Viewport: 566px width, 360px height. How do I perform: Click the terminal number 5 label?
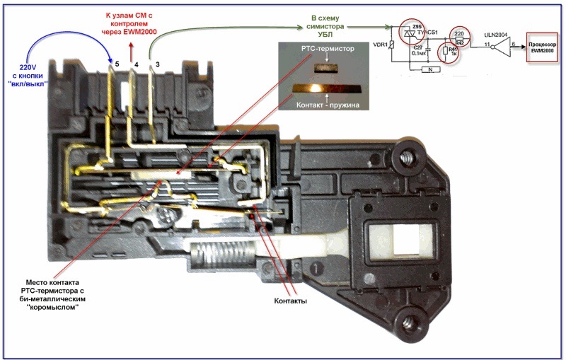(117, 64)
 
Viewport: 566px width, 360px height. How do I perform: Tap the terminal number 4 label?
(137, 65)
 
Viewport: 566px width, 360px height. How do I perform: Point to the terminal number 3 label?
(156, 65)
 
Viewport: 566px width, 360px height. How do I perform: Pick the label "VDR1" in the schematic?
(380, 45)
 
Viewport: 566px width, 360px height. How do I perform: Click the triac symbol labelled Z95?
(409, 33)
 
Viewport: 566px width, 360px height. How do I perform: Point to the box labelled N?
(427, 69)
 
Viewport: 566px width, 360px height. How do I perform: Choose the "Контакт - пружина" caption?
(325, 105)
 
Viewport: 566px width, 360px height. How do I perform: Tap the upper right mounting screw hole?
(409, 156)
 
